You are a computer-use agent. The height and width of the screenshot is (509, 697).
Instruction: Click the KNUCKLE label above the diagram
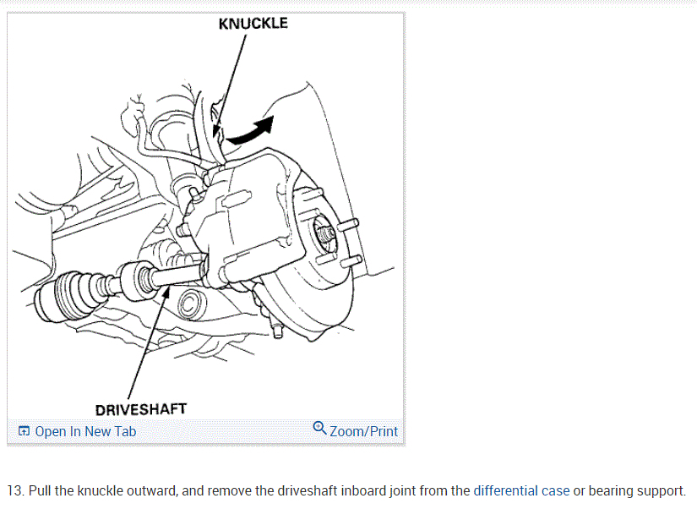pos(253,24)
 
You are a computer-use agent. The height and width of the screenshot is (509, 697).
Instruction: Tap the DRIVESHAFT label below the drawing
pos(141,409)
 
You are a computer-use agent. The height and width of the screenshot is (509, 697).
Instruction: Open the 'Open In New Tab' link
pos(85,431)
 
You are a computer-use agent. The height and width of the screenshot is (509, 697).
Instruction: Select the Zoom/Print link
pos(363,431)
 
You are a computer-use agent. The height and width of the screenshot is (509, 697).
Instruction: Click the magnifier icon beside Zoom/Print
pos(319,428)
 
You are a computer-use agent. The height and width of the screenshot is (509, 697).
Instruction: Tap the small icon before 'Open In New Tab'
pos(24,431)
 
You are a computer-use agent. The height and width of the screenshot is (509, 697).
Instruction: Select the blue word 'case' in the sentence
pos(555,490)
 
